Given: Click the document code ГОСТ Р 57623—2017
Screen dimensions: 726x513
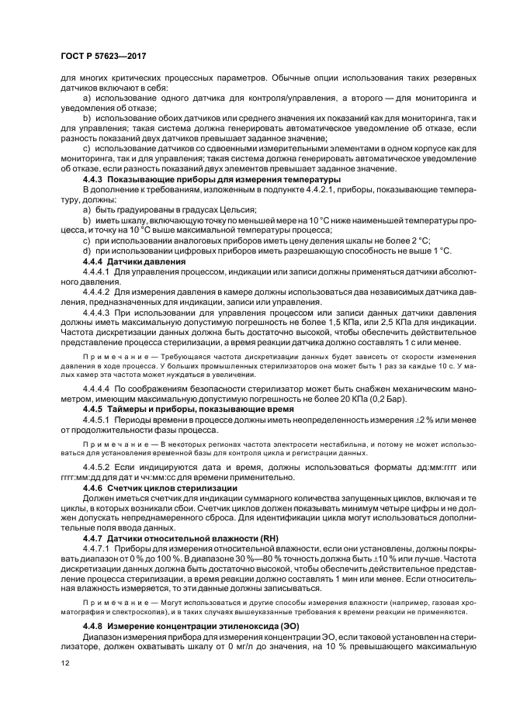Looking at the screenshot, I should [x=104, y=57].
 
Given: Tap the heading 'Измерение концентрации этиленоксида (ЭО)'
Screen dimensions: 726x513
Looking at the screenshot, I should [x=199, y=625].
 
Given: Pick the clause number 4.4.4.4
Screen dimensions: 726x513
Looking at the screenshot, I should [x=97, y=386].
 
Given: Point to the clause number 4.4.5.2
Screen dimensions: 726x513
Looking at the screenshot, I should [x=97, y=468].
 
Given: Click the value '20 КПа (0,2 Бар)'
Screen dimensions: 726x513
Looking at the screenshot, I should [x=339, y=396].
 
